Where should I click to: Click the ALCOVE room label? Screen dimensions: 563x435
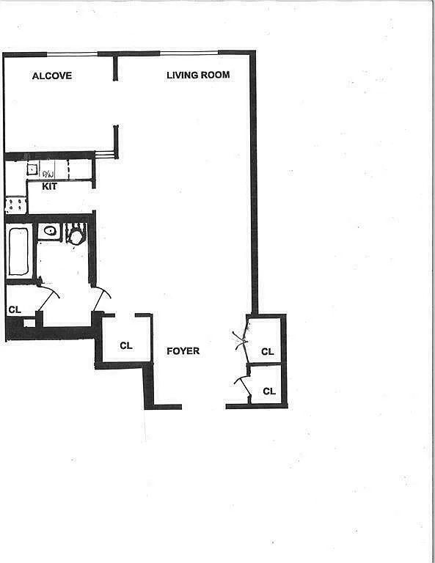click(x=51, y=76)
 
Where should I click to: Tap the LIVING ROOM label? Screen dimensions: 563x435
click(x=198, y=75)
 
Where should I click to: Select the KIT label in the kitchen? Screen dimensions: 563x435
click(x=49, y=186)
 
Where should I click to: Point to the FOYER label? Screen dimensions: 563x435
click(x=183, y=351)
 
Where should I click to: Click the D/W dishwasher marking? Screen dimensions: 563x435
click(x=48, y=174)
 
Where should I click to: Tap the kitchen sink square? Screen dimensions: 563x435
click(x=32, y=169)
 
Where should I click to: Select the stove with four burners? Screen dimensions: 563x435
click(x=15, y=205)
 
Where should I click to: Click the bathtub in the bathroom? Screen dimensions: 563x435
click(x=19, y=251)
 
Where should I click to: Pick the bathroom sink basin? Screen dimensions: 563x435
click(x=50, y=232)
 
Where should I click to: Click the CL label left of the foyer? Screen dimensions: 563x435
click(x=125, y=345)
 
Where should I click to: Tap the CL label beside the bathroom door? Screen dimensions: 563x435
click(x=14, y=310)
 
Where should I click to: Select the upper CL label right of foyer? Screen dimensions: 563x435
click(x=267, y=352)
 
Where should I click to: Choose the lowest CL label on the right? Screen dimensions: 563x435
click(x=268, y=391)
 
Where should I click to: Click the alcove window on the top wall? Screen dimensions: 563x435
click(x=72, y=54)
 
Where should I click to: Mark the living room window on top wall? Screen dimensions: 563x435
click(x=189, y=53)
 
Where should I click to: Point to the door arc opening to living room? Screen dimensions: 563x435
click(x=102, y=298)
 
